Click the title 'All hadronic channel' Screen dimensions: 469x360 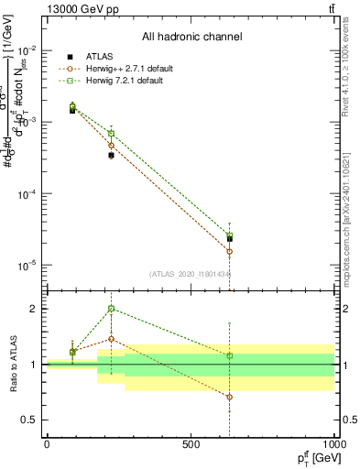pyautogui.click(x=191, y=37)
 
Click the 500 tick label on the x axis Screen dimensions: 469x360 pyautogui.click(x=191, y=444)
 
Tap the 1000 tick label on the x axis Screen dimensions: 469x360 pyautogui.click(x=333, y=444)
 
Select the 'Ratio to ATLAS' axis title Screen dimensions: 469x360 pyautogui.click(x=13, y=365)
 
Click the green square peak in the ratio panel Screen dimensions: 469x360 pyautogui.click(x=112, y=309)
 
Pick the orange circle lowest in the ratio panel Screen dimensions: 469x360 pyautogui.click(x=230, y=397)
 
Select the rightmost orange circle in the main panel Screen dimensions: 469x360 pyautogui.click(x=230, y=251)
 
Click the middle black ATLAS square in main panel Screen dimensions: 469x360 pyautogui.click(x=112, y=156)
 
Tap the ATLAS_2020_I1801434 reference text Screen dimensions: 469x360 pyautogui.click(x=191, y=274)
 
